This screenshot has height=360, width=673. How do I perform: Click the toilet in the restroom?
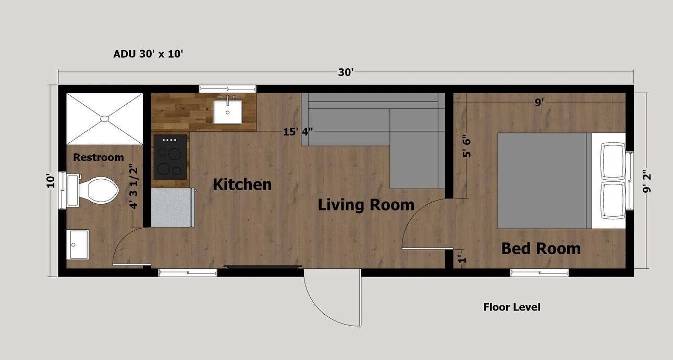pyautogui.click(x=93, y=190)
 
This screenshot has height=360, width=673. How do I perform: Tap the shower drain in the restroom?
pyautogui.click(x=105, y=119)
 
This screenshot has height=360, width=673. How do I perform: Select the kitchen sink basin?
pyautogui.click(x=227, y=111)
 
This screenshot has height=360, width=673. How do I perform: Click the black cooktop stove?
pyautogui.click(x=170, y=157)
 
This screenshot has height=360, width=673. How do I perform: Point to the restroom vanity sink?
pyautogui.click(x=79, y=245)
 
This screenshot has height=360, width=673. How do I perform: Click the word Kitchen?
pyautogui.click(x=242, y=184)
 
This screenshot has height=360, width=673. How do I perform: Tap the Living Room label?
pyautogui.click(x=366, y=205)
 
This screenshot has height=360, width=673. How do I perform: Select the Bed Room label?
pyautogui.click(x=541, y=249)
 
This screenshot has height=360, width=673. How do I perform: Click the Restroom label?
pyautogui.click(x=99, y=157)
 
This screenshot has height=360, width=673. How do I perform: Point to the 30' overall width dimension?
pyautogui.click(x=346, y=72)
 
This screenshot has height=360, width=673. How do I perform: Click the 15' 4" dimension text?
pyautogui.click(x=298, y=131)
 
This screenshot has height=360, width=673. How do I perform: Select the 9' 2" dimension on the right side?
pyautogui.click(x=646, y=182)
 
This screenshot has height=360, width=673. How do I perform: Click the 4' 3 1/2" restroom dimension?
pyautogui.click(x=133, y=187)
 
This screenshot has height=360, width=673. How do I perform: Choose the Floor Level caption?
pyautogui.click(x=512, y=307)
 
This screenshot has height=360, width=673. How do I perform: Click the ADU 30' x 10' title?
pyautogui.click(x=148, y=54)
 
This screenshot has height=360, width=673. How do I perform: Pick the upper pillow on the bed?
pyautogui.click(x=613, y=161)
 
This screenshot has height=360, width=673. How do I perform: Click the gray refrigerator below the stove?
pyautogui.click(x=173, y=207)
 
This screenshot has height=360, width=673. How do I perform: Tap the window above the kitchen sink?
pyautogui.click(x=228, y=89)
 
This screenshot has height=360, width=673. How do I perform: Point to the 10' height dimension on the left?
pyautogui.click(x=51, y=181)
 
